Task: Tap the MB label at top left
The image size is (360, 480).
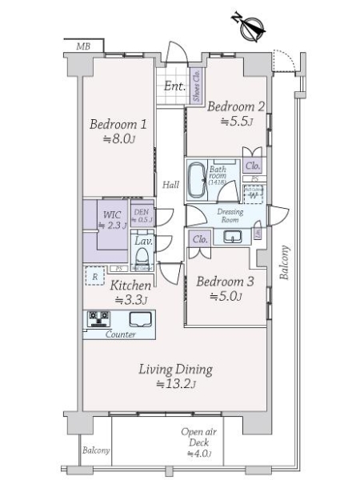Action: pos(83,47)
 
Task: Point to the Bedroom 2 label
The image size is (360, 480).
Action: pos(235,106)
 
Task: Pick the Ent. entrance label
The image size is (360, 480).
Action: pos(175,86)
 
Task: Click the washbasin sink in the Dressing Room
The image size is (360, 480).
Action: pos(233,236)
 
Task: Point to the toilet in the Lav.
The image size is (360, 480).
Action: pos(143,259)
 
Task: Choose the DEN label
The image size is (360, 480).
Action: pos(143,213)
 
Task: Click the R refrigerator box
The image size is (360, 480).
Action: pos(94,278)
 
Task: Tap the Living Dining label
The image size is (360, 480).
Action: pos(174,370)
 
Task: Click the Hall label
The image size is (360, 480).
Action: pos(170,186)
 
